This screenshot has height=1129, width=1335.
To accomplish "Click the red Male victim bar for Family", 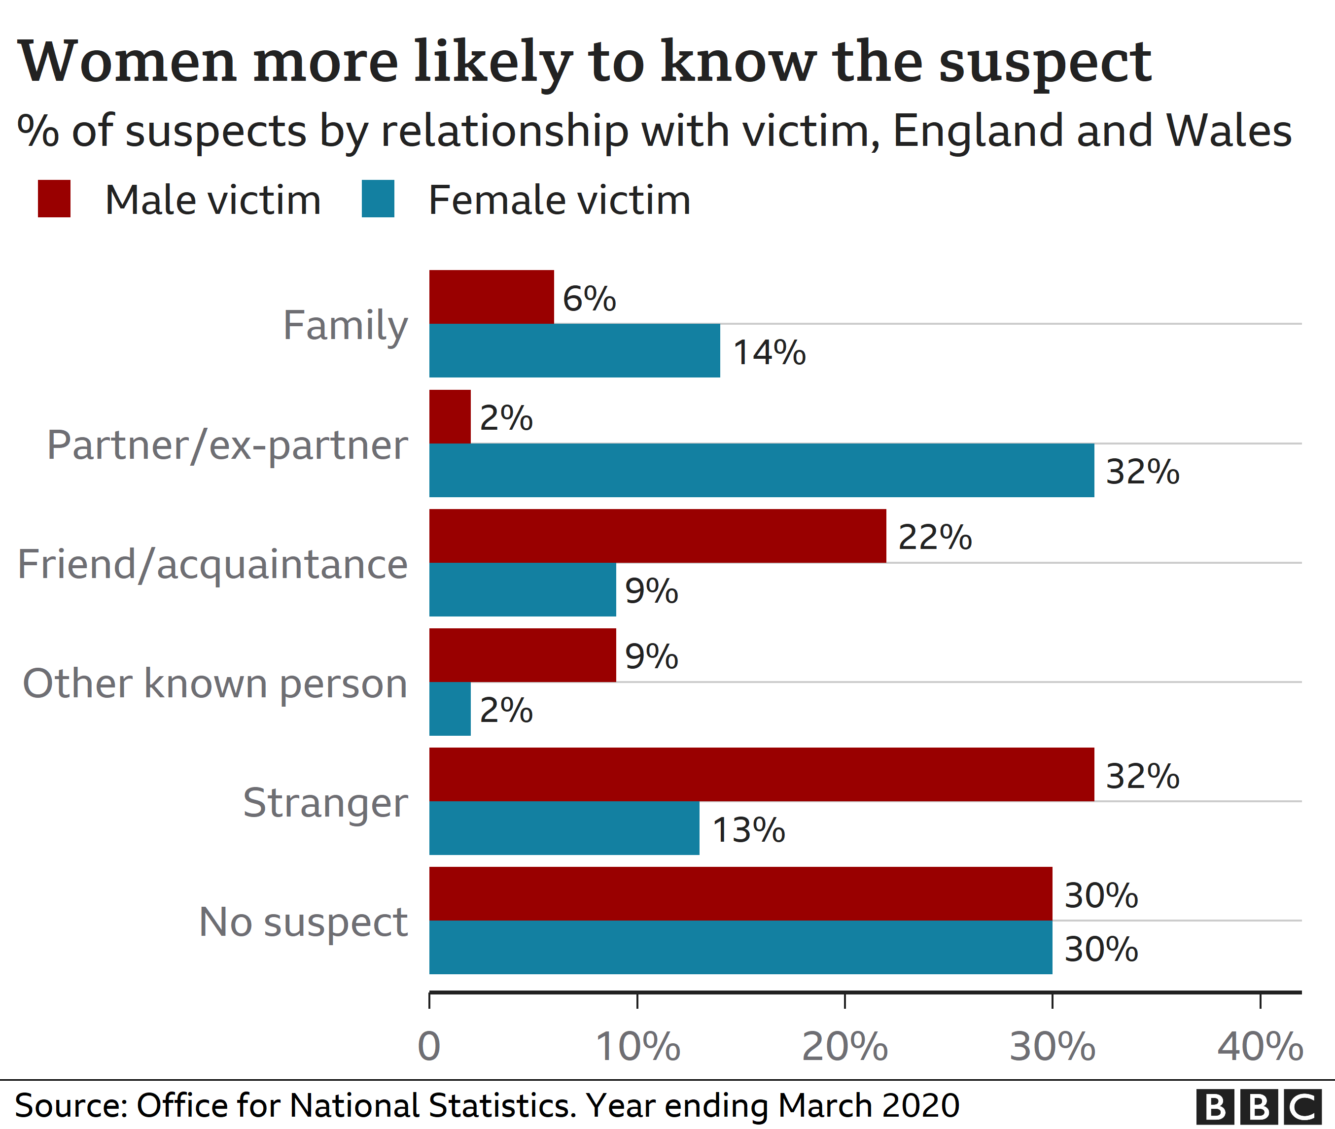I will (491, 297).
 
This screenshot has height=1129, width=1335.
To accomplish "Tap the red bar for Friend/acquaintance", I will (658, 536).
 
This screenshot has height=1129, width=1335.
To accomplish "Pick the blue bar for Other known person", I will (450, 709).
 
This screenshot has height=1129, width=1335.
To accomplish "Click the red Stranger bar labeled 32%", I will (761, 774).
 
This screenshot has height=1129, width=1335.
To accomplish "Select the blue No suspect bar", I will (740, 947).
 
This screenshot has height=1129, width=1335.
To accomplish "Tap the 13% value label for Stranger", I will (748, 829).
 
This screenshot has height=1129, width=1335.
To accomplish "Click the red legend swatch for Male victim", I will (54, 199).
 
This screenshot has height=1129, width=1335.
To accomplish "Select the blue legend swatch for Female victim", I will (378, 199).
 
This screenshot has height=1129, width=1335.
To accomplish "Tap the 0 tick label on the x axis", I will (429, 1047).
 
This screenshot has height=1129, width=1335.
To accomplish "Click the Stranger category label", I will (325, 803).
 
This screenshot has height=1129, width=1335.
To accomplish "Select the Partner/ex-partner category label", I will (227, 445).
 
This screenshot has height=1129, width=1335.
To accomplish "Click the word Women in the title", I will (128, 62).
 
